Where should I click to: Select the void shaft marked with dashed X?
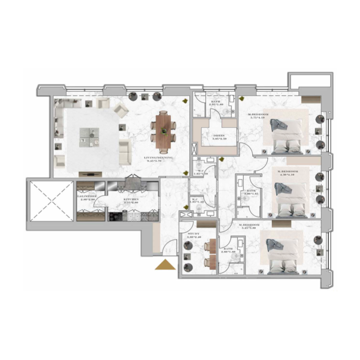click(x=50, y=199)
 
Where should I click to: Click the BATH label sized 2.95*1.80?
click(x=216, y=102)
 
